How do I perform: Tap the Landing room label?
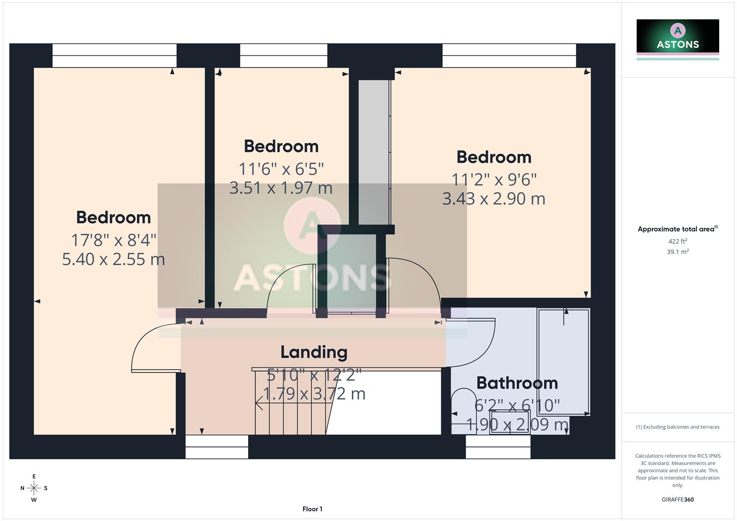pyautogui.click(x=314, y=352)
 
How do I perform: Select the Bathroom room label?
pyautogui.click(x=517, y=383)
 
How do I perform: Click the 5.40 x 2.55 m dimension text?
pyautogui.click(x=113, y=260)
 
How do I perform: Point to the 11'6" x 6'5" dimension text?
pyautogui.click(x=281, y=169)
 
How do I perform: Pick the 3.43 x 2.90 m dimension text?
pyautogui.click(x=494, y=199)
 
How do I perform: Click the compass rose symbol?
pyautogui.click(x=34, y=488)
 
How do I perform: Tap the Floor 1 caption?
pyautogui.click(x=312, y=509)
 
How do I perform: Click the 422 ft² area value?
pyautogui.click(x=678, y=241)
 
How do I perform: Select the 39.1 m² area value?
pyautogui.click(x=678, y=252)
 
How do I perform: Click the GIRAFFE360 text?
pyautogui.click(x=678, y=500)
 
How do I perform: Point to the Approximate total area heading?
pyautogui.click(x=677, y=229)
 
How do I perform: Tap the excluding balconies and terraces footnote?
pyautogui.click(x=678, y=427)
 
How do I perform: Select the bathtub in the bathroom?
pyautogui.click(x=564, y=362)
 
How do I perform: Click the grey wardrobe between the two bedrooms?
pyautogui.click(x=374, y=152)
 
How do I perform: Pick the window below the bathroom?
pyautogui.click(x=498, y=447)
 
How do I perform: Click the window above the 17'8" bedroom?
pyautogui.click(x=114, y=55)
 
